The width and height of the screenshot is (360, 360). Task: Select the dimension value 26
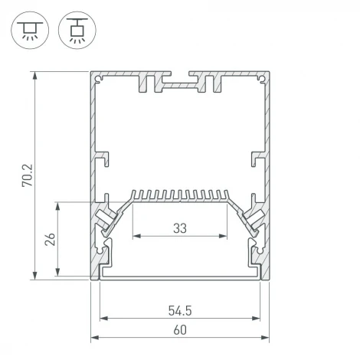click(x=50, y=241)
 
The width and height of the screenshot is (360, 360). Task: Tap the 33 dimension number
click(x=181, y=227)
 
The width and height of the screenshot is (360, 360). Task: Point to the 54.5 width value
click(x=180, y=311)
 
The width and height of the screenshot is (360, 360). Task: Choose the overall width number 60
click(x=180, y=330)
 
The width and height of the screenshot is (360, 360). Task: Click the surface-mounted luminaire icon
click(x=29, y=29)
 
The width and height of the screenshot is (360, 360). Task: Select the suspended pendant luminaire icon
click(x=74, y=29)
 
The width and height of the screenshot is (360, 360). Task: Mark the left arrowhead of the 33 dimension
click(x=136, y=235)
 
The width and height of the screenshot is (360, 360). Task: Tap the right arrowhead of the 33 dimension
click(x=226, y=235)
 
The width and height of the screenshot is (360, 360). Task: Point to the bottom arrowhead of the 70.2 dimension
click(x=35, y=277)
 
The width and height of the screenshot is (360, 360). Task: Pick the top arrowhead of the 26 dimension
click(x=59, y=205)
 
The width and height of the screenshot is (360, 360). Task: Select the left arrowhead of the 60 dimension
click(x=93, y=338)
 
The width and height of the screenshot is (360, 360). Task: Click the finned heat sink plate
click(x=181, y=197)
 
